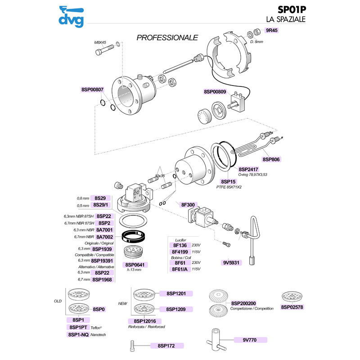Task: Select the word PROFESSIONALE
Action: tap(167, 37)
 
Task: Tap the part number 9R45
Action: tap(273, 30)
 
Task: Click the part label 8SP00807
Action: tap(93, 90)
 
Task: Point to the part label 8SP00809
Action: tap(216, 92)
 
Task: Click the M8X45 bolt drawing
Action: tap(102, 51)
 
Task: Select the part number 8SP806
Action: tap(272, 159)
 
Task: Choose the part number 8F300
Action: tap(188, 205)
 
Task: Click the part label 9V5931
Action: tap(232, 262)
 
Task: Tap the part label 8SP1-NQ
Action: tap(78, 334)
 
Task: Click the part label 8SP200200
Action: tap(243, 304)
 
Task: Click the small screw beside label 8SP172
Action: tap(131, 346)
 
